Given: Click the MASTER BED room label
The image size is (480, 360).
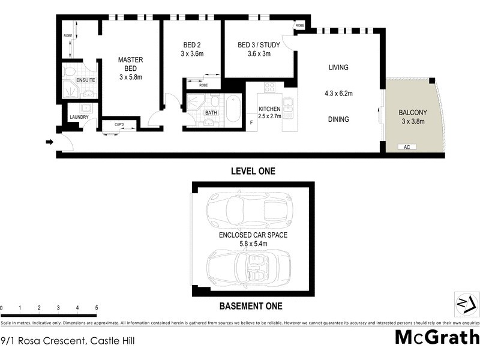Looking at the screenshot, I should [130, 68].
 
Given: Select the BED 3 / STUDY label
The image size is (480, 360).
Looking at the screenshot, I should [259, 49].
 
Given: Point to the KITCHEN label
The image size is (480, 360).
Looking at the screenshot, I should [270, 108].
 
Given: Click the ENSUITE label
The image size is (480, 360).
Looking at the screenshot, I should [85, 80].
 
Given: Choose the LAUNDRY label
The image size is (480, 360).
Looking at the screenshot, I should [79, 117].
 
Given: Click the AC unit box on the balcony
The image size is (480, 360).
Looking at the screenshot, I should [407, 146].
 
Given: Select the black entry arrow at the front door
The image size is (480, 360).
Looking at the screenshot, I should [49, 142].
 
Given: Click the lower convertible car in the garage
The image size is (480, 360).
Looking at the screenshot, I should [249, 267].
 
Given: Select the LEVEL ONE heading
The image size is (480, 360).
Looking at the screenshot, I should [253, 172].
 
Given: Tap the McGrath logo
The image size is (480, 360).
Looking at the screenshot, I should [436, 337].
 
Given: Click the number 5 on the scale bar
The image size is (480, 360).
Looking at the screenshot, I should [96, 308].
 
